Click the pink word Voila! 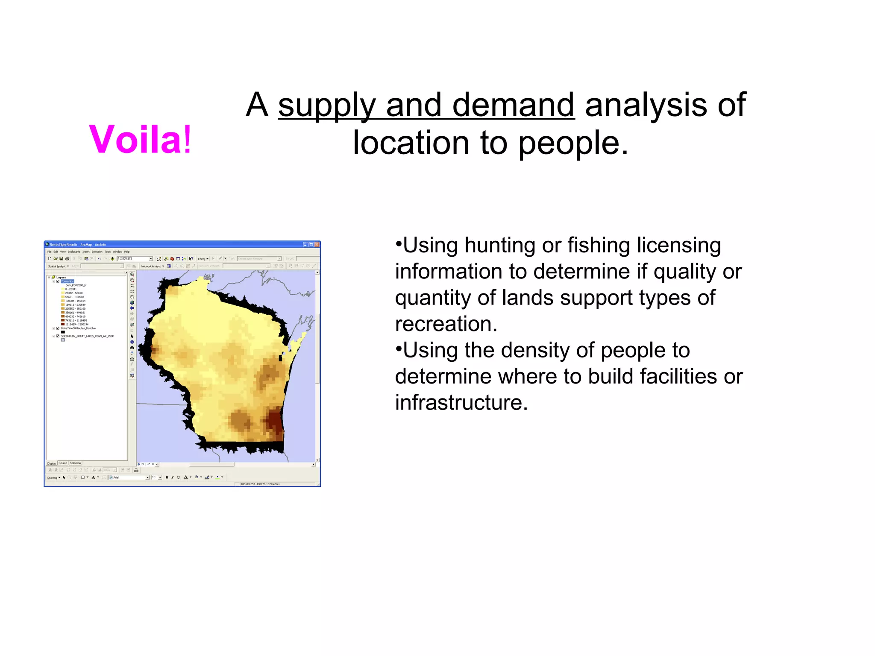140,139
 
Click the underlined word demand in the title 513,105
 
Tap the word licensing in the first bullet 678,246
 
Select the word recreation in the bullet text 445,324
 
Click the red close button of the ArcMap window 317,245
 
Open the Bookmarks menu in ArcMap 74,252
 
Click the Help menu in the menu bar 127,252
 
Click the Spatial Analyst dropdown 59,266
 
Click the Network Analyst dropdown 153,266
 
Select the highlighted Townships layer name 67,281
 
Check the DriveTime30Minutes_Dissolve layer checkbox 58,328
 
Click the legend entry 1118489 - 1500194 76,325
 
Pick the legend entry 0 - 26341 71,289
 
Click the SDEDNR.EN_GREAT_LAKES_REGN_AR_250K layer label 87,336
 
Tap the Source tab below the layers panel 63,463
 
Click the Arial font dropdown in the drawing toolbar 129,477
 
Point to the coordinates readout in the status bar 260,484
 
